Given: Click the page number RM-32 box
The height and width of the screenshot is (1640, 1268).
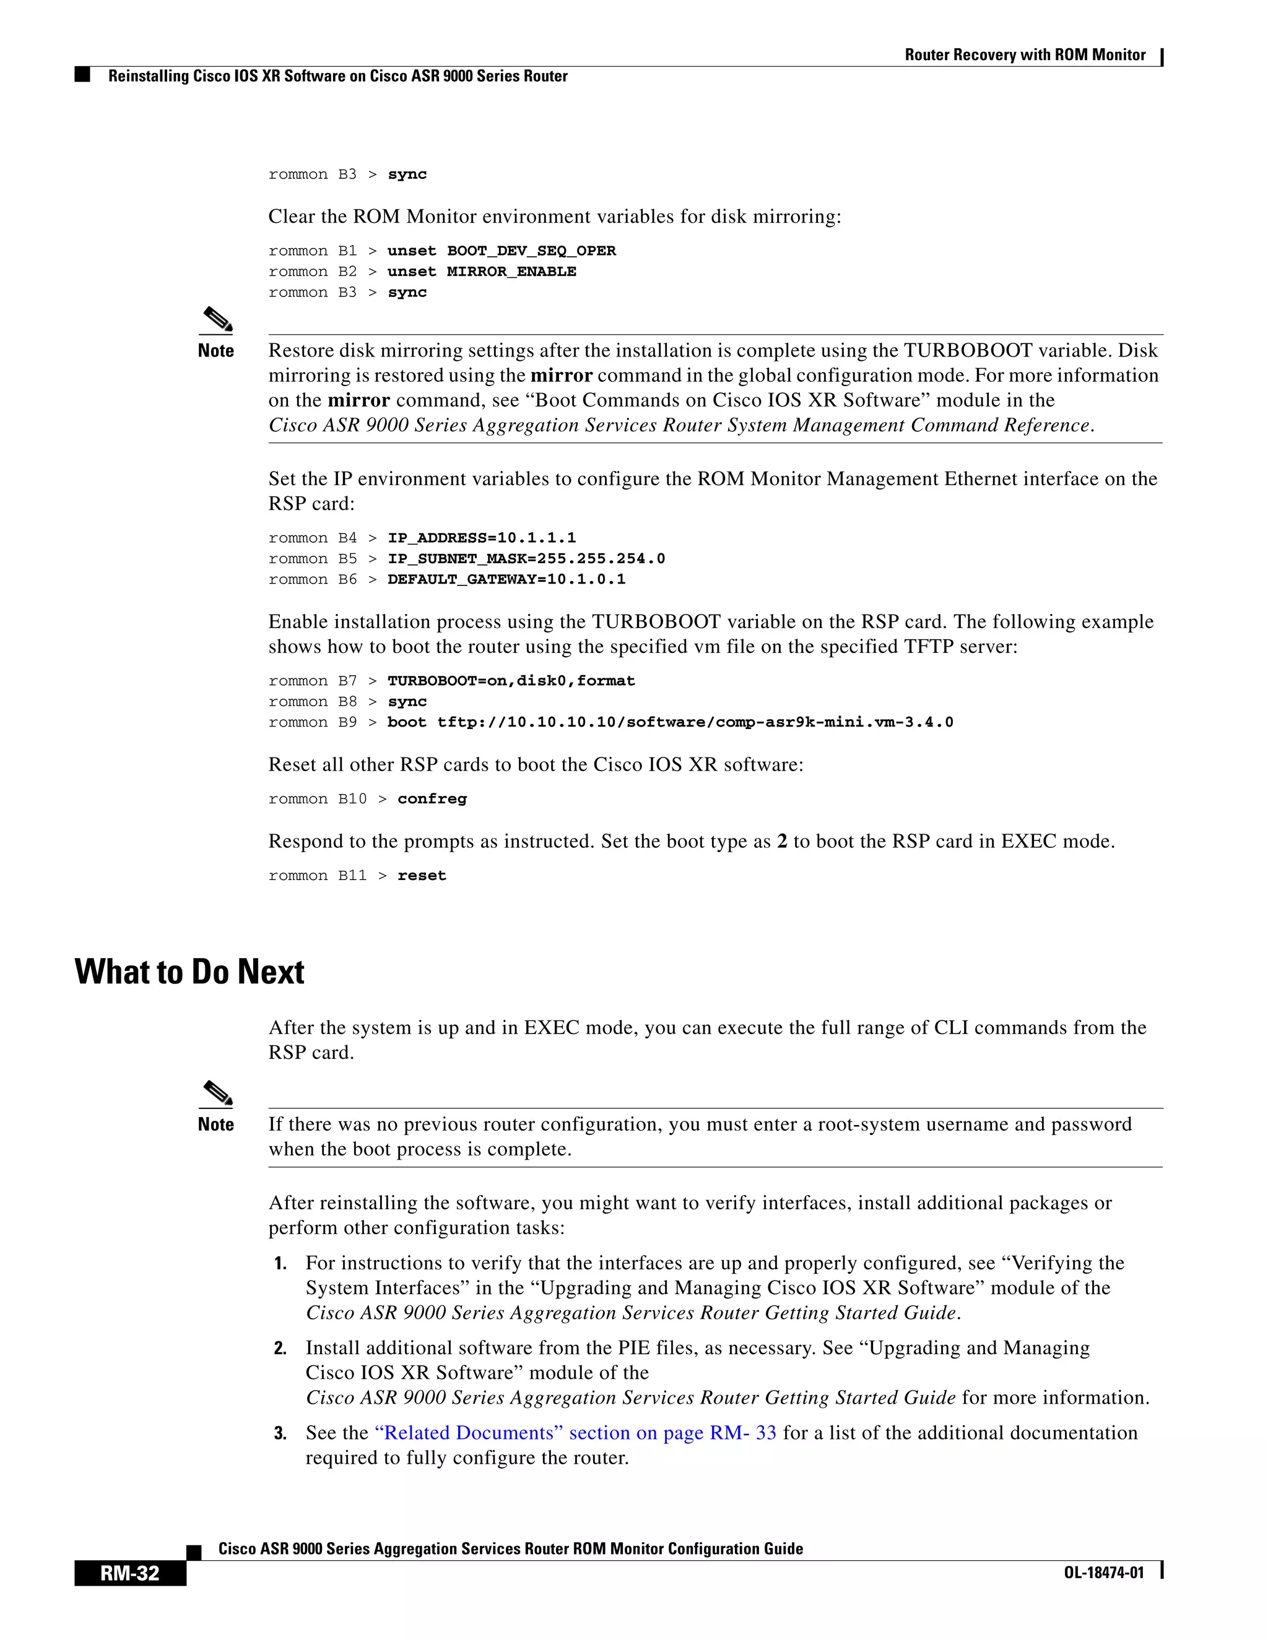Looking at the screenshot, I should click(x=130, y=1573).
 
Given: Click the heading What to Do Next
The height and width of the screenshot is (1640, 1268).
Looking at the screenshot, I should click(x=189, y=972).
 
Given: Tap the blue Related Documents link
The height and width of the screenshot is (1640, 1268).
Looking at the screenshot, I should click(x=575, y=1433).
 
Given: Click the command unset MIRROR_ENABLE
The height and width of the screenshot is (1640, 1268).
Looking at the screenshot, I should click(x=482, y=272).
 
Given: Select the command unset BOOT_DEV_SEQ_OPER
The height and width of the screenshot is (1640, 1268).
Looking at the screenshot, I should click(x=501, y=251).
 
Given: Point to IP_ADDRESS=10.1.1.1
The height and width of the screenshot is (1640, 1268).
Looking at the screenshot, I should click(x=482, y=538).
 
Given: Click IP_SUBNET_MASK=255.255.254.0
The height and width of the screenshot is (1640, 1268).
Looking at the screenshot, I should click(x=526, y=559).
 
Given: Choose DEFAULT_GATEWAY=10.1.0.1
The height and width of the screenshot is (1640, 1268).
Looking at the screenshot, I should click(x=506, y=580).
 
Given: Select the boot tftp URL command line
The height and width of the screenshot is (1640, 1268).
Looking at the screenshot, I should click(x=670, y=722).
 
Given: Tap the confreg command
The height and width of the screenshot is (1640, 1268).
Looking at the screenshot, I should click(x=432, y=799).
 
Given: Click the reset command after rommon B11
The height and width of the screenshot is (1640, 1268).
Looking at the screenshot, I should click(x=422, y=876).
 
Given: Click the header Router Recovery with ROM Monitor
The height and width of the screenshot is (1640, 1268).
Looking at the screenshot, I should click(x=1025, y=55).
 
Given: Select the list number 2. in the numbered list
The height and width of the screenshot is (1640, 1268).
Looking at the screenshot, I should click(x=280, y=1348).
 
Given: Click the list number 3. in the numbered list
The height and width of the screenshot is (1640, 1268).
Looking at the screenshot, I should click(x=280, y=1433).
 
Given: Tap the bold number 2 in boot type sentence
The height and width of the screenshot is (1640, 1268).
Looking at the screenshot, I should click(x=782, y=842).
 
